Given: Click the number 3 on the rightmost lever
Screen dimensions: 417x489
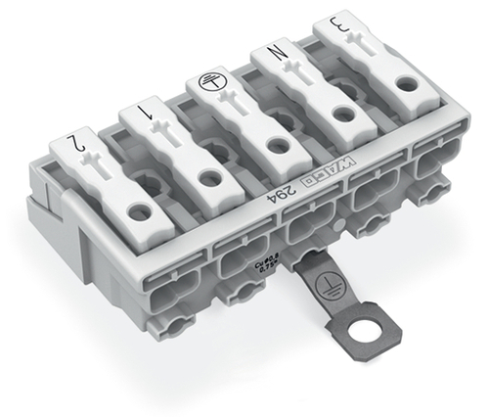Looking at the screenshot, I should [x=338, y=22].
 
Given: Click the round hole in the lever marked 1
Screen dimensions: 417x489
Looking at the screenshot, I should [x=208, y=178].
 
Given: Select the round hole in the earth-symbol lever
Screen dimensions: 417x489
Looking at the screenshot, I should [x=274, y=145].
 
